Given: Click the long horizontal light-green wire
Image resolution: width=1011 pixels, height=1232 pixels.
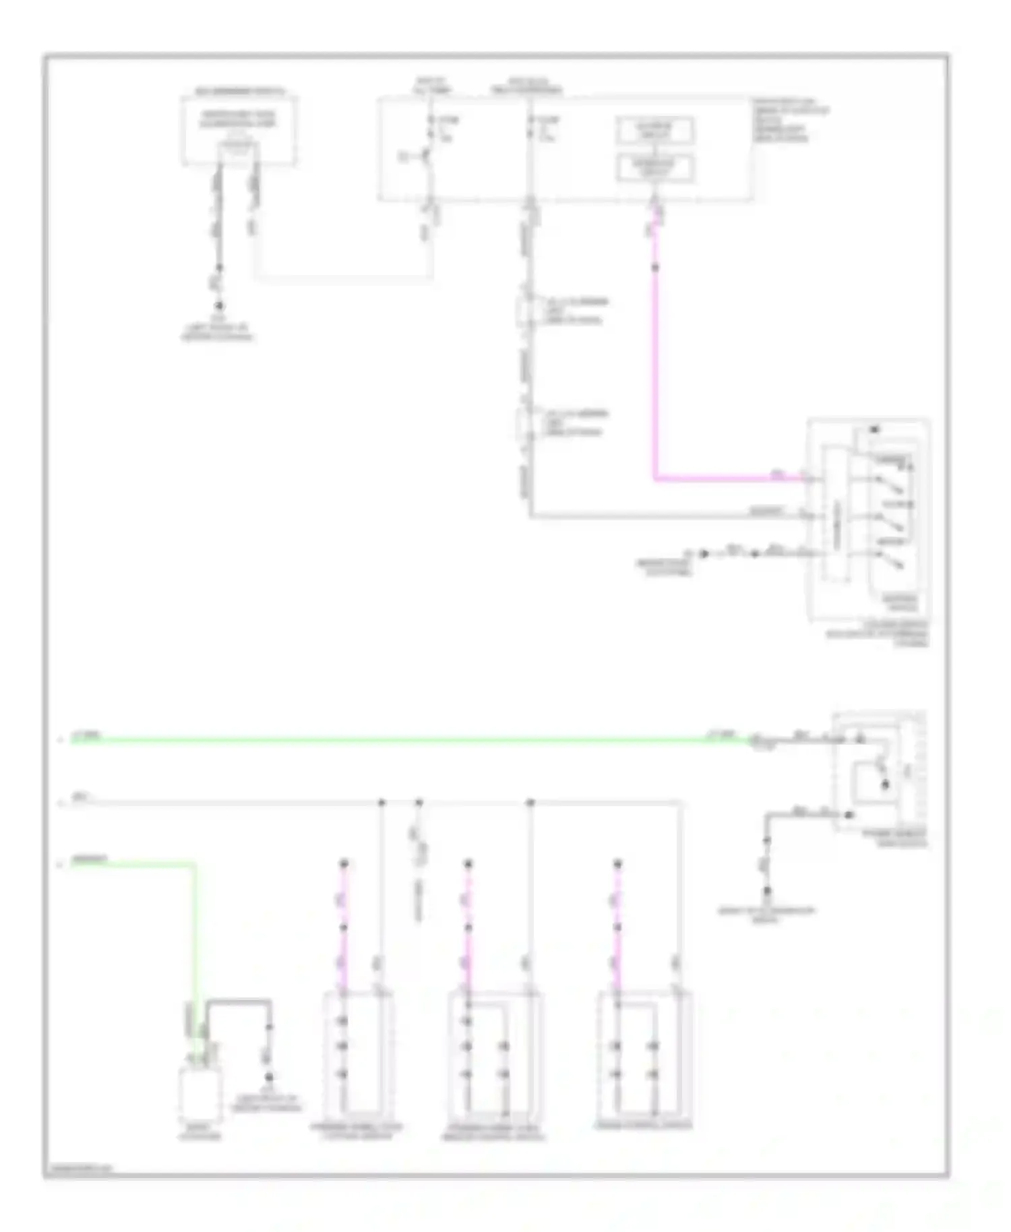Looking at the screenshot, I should coord(404,740).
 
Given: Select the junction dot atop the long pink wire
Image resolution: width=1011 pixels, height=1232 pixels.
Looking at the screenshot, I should coord(654,268).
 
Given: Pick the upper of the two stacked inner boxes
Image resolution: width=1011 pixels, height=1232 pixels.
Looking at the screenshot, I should coord(654,130).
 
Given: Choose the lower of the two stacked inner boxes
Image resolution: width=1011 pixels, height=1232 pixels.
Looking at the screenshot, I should coord(654,168).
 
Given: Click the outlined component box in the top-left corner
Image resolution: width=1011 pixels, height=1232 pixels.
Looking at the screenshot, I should coord(239,130).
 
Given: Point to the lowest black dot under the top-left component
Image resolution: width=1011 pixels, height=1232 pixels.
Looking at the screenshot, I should coord(218,305).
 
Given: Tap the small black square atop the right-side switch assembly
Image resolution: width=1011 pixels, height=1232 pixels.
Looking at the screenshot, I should coord(875,429).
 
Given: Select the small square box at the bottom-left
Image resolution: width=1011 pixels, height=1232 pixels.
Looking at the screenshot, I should coord(200,1095).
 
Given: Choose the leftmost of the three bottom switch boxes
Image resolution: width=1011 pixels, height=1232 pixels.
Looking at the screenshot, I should coord(358,1055).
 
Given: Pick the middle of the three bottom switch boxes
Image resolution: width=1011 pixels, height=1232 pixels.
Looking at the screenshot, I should coord(495,1055).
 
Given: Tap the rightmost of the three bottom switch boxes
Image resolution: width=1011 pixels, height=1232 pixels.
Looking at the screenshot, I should coord(645,1055).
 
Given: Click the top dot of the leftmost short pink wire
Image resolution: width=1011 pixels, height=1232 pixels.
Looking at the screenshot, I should coord(344,863).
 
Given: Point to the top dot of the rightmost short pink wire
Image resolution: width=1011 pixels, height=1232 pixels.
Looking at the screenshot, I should coord(617,863).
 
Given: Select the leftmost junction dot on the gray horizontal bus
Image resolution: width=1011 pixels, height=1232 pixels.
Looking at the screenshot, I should coord(381,803).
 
